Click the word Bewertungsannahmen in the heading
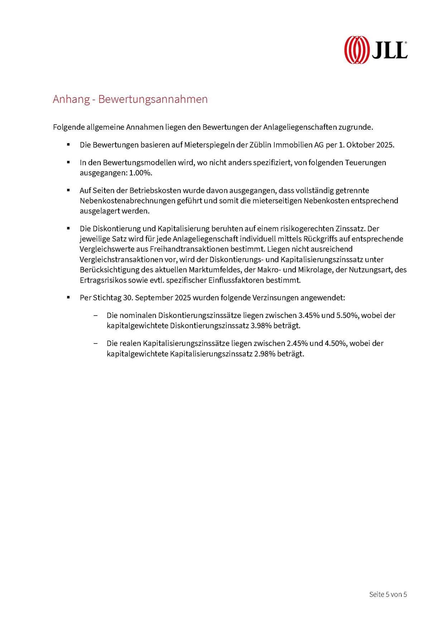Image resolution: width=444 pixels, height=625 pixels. pyautogui.click(x=153, y=99)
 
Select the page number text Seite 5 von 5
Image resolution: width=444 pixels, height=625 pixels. pyautogui.click(x=388, y=594)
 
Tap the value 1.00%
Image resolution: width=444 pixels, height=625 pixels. pyautogui.click(x=141, y=173)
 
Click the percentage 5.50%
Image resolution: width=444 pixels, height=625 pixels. pyautogui.click(x=347, y=316)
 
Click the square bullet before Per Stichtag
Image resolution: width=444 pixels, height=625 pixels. pyautogui.click(x=68, y=298)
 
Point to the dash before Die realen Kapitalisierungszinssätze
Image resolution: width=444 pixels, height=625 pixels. pyautogui.click(x=96, y=343)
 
